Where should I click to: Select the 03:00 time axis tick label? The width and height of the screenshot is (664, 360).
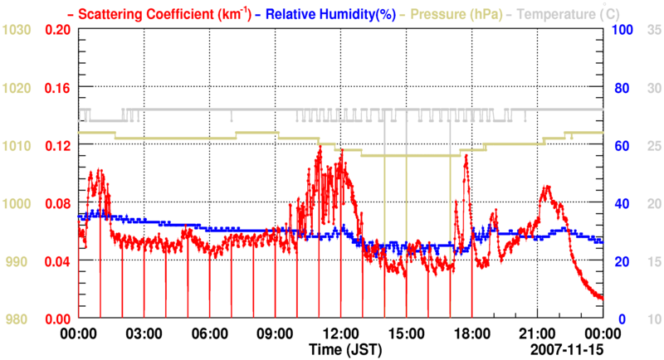(x=144, y=333)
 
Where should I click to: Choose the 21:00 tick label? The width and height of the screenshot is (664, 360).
(x=538, y=333)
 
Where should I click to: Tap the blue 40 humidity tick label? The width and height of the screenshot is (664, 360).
(x=619, y=203)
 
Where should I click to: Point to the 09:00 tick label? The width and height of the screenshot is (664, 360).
(x=276, y=333)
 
